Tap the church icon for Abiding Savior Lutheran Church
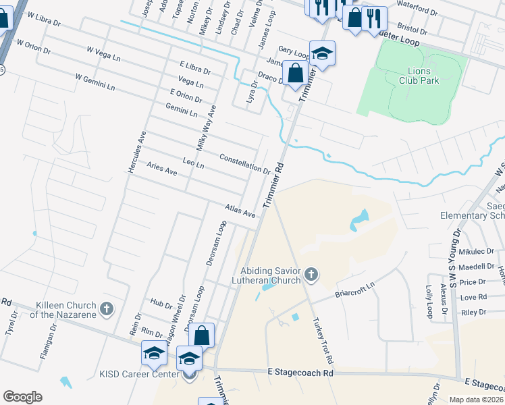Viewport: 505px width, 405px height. (311, 274)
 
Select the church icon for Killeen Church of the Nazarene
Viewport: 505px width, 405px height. (106, 309)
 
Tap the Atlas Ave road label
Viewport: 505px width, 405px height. (241, 212)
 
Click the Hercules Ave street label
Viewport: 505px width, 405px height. (134, 152)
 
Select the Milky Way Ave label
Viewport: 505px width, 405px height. (205, 129)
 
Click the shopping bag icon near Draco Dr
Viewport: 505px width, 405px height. (296, 73)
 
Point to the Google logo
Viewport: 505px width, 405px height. (22, 397)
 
